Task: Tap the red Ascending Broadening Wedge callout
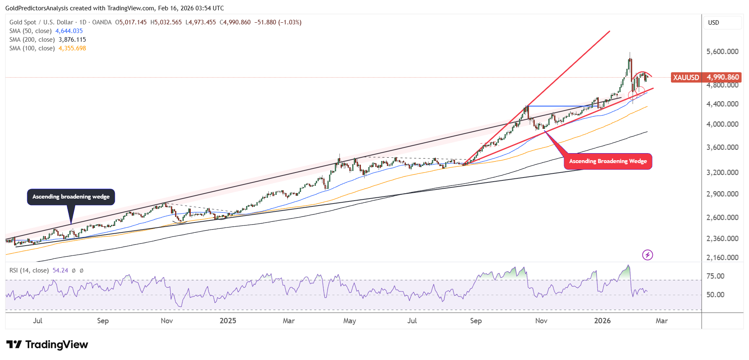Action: [x=608, y=161]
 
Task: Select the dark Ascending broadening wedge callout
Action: [x=71, y=197]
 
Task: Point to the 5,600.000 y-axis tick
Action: [x=722, y=52]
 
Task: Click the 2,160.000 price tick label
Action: [x=722, y=258]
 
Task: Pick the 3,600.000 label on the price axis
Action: [x=722, y=147]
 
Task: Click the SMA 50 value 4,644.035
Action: [x=69, y=31]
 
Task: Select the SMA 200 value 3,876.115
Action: [x=72, y=40]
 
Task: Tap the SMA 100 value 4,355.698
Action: [x=72, y=48]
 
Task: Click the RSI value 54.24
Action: [x=60, y=270]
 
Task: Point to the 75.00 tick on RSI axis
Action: [x=715, y=276]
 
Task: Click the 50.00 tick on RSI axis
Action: [x=715, y=295]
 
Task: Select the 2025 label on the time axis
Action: [x=228, y=321]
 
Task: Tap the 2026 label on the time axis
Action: [x=602, y=321]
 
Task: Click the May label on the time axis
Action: [x=349, y=321]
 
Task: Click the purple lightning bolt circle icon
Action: [x=647, y=255]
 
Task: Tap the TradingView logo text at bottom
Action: [x=47, y=345]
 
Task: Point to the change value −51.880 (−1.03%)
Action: [x=277, y=22]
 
